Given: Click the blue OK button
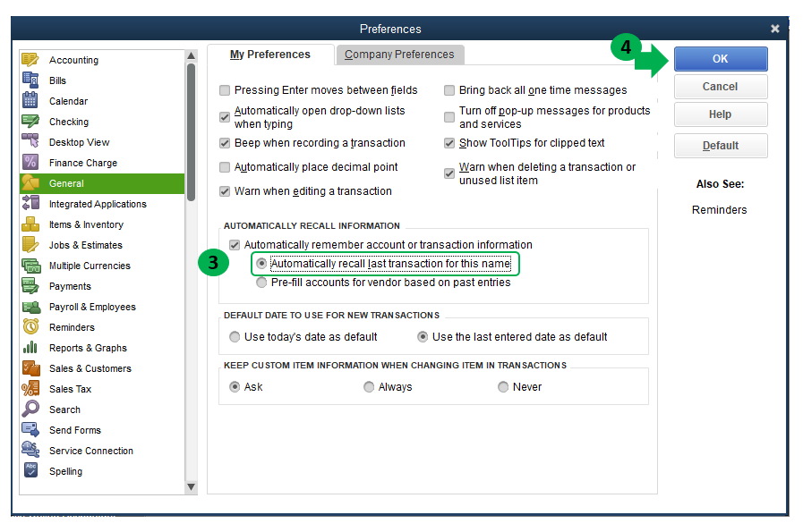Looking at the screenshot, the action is click(x=721, y=59).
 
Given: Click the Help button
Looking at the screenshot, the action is click(x=721, y=114).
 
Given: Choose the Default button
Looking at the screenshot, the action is click(x=721, y=146).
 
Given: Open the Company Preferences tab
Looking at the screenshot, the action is click(x=399, y=55).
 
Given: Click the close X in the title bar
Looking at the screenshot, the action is click(x=775, y=30).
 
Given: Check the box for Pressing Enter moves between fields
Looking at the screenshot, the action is click(x=225, y=90).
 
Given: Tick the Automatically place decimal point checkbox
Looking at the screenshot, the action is click(x=225, y=167).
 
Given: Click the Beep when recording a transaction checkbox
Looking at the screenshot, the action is click(x=225, y=143).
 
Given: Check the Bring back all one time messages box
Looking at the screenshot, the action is click(x=449, y=90).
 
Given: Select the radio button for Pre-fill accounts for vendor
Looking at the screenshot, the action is click(x=261, y=283).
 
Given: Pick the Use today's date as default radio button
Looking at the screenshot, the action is click(x=235, y=337).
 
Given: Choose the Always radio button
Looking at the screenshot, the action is click(x=369, y=387).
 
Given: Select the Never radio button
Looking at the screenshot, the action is click(x=503, y=387).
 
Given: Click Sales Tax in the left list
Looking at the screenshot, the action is click(x=70, y=389).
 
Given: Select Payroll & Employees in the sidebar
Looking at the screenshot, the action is click(x=92, y=307).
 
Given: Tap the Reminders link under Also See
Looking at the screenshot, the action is click(x=720, y=210).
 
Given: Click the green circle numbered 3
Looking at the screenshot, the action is click(x=213, y=262).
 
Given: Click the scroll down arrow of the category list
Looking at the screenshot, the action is click(x=191, y=487).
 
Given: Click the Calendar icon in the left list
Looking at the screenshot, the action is click(x=30, y=100).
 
